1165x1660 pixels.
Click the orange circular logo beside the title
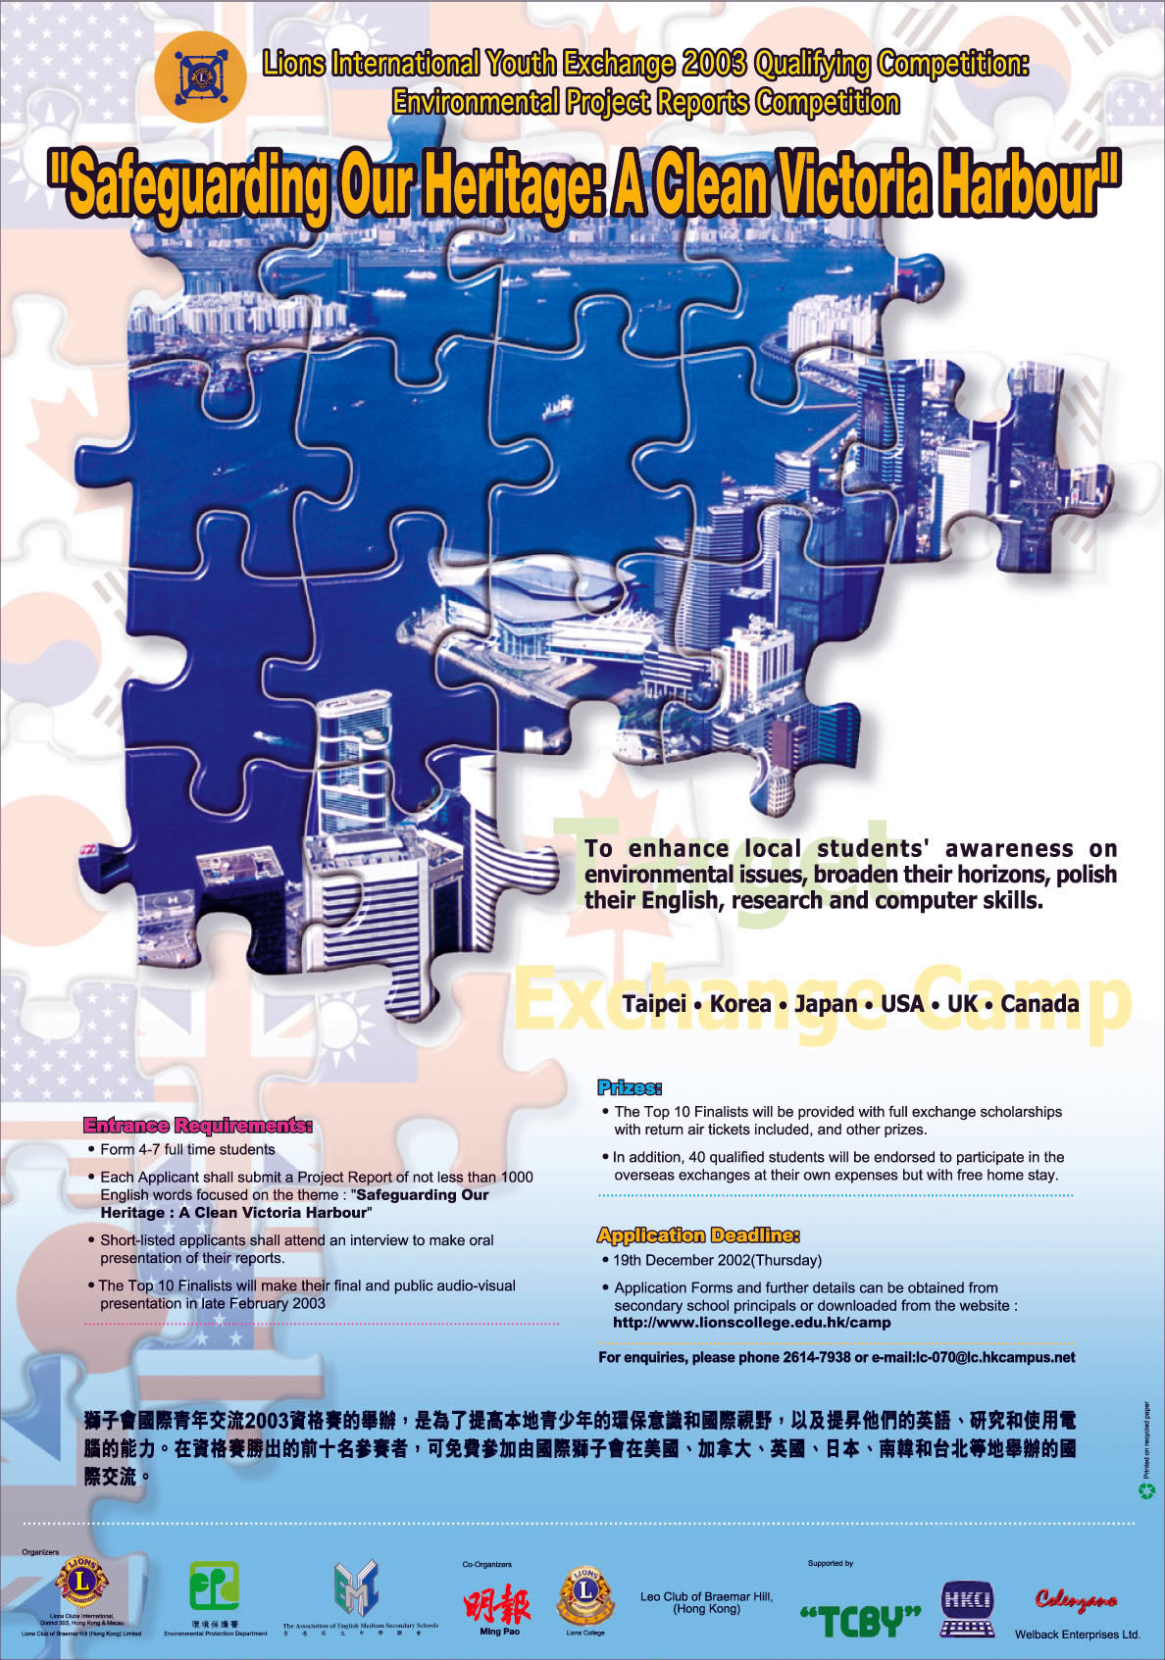tap(199, 75)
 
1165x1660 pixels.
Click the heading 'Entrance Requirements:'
tap(197, 1125)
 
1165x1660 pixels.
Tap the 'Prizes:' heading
tap(630, 1087)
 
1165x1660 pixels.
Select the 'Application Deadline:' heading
tap(698, 1234)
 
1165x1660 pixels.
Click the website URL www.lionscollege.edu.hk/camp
tap(751, 1322)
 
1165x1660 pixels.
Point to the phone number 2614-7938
tap(816, 1357)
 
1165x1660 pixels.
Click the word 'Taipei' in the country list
tap(654, 1004)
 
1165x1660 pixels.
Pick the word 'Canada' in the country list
tap(1039, 1004)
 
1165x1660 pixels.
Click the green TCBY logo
tap(860, 1621)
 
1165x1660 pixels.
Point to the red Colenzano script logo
tap(1076, 1599)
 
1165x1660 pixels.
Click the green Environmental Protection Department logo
tap(214, 1586)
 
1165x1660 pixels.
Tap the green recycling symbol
tap(1145, 1490)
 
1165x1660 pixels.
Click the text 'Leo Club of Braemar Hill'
tap(706, 1596)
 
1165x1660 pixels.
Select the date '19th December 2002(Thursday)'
tap(717, 1260)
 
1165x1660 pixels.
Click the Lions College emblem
tap(585, 1595)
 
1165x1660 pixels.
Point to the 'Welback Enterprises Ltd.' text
tap(1077, 1635)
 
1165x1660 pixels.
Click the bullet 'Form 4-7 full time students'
tap(187, 1149)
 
